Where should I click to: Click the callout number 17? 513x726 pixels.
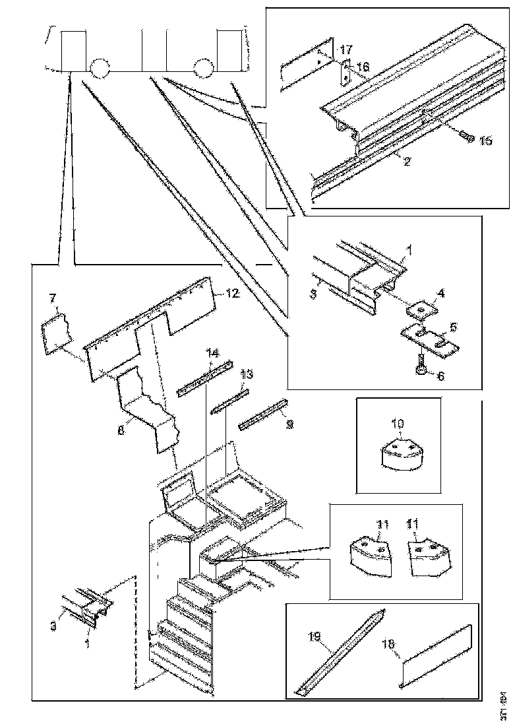(347, 50)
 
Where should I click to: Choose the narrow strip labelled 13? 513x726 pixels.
(229, 401)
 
